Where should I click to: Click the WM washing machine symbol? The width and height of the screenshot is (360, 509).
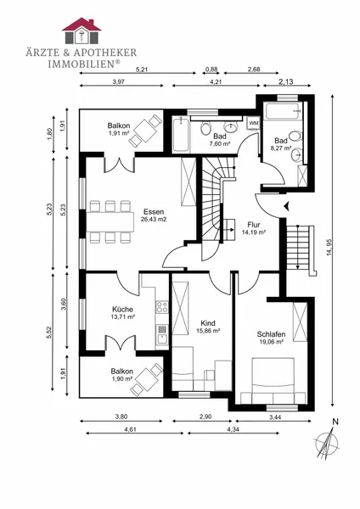click(253, 123)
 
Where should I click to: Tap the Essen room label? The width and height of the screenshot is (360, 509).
click(154, 212)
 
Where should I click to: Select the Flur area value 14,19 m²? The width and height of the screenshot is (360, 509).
click(254, 232)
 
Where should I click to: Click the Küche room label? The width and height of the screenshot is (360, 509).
click(122, 310)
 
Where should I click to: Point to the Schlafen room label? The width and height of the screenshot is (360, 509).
click(271, 334)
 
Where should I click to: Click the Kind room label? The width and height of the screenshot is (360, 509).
click(208, 323)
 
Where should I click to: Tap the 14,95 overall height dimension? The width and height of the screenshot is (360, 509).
click(329, 248)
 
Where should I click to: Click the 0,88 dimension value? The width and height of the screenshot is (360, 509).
click(211, 70)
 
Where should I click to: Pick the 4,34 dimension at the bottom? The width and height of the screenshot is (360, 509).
click(233, 429)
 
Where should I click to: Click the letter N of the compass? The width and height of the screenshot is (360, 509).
click(335, 422)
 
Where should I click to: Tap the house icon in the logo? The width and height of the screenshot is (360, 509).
click(82, 31)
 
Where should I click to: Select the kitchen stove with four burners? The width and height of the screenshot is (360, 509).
click(162, 307)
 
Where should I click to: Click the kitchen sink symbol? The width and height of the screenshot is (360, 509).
click(162, 335)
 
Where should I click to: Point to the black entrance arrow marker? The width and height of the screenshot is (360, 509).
click(287, 206)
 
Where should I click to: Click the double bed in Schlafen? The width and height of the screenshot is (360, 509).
click(273, 380)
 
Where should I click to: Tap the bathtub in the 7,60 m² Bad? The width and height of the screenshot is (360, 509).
click(181, 134)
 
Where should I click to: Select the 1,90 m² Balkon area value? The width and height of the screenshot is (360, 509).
click(122, 379)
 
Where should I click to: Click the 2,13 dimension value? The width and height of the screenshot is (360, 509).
click(286, 81)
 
